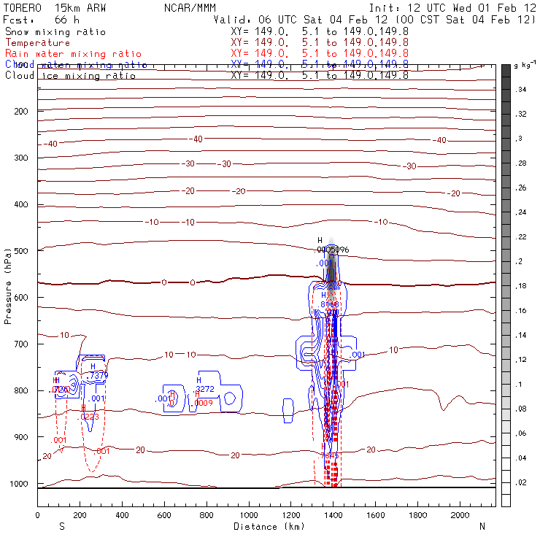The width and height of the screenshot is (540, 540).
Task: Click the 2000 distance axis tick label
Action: point(460,515)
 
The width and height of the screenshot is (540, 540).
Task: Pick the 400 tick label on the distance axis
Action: point(122,515)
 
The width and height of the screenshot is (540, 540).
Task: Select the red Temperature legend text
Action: point(37,43)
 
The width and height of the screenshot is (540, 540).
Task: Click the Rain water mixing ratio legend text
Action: point(73,54)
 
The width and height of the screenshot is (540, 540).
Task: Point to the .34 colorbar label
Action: point(521,89)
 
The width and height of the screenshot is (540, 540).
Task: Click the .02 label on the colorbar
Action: point(521,483)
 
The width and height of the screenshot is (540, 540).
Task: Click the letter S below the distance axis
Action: point(62,526)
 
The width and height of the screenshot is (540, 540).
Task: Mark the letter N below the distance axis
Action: point(482,526)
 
